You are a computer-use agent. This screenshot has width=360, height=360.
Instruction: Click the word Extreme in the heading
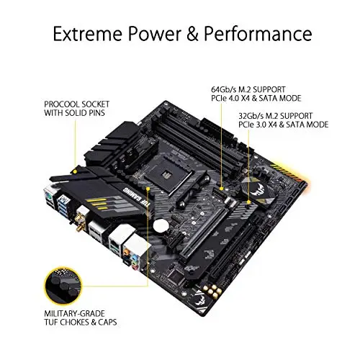tap(87, 34)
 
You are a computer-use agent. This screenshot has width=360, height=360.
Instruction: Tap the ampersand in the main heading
tap(192, 34)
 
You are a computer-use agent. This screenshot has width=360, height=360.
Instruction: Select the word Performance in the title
tap(258, 34)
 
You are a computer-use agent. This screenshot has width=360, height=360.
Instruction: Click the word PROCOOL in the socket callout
tap(62, 104)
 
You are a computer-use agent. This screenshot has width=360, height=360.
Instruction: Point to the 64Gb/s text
tap(224, 89)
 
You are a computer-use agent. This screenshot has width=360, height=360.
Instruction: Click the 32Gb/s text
tap(251, 116)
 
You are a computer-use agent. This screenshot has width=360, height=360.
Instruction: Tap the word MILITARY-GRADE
tap(74, 313)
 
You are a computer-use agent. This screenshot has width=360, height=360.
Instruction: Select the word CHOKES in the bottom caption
tap(74, 322)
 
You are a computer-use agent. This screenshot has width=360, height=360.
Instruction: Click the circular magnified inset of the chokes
tap(63, 286)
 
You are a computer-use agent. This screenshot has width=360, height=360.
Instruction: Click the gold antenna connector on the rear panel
tap(79, 221)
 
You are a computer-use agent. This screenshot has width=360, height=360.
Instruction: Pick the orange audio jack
tap(126, 252)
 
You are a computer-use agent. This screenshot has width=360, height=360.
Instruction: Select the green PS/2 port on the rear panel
tap(48, 197)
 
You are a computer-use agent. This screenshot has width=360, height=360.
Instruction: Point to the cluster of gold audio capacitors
tap(212, 291)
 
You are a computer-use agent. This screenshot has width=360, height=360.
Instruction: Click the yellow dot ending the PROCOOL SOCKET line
tap(75, 172)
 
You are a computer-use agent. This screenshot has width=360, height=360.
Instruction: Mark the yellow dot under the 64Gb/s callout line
tap(222, 189)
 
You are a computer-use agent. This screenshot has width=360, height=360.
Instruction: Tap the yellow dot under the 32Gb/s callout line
tap(249, 203)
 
